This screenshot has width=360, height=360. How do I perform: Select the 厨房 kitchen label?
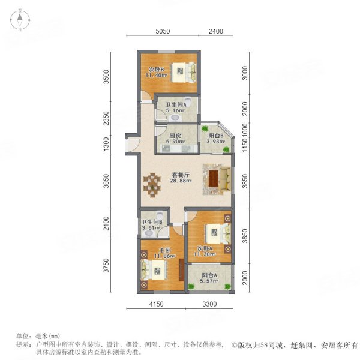[x=175, y=136]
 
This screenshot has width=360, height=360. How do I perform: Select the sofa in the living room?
[x=224, y=178]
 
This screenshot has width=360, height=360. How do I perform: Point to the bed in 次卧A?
[x=215, y=232]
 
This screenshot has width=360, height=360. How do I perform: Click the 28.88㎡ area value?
[x=180, y=181]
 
